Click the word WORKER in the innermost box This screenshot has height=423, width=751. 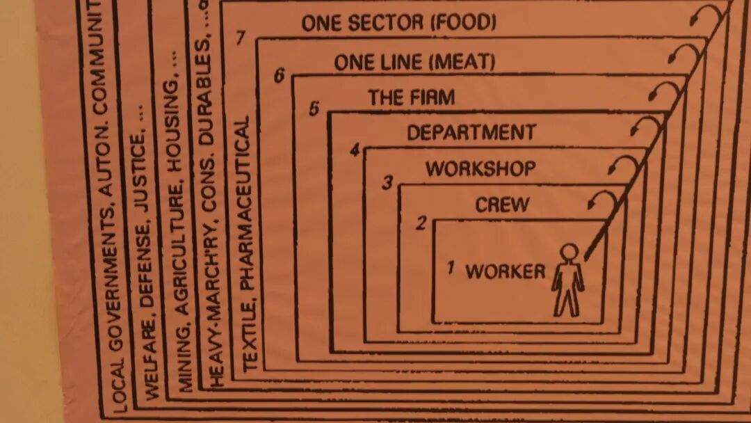pos(506,271)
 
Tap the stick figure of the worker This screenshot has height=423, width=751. pos(568,280)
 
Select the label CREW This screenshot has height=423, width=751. pos(502,205)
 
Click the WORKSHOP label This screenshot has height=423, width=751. pos(481,168)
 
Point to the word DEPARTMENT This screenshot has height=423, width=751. pos(471,132)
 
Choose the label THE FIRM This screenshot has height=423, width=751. pos(412,97)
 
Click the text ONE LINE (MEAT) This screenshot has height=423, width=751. pos(414,62)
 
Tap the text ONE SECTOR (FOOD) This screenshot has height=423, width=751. pos(398,24)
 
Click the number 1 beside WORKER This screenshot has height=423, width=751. pos(451,266)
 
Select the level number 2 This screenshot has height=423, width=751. pos(421,223)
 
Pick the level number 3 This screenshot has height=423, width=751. pos(388,183)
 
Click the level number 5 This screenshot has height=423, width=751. pos(314,109)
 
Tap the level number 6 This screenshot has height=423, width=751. pos(279,74)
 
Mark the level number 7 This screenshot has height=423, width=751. pos(241,38)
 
